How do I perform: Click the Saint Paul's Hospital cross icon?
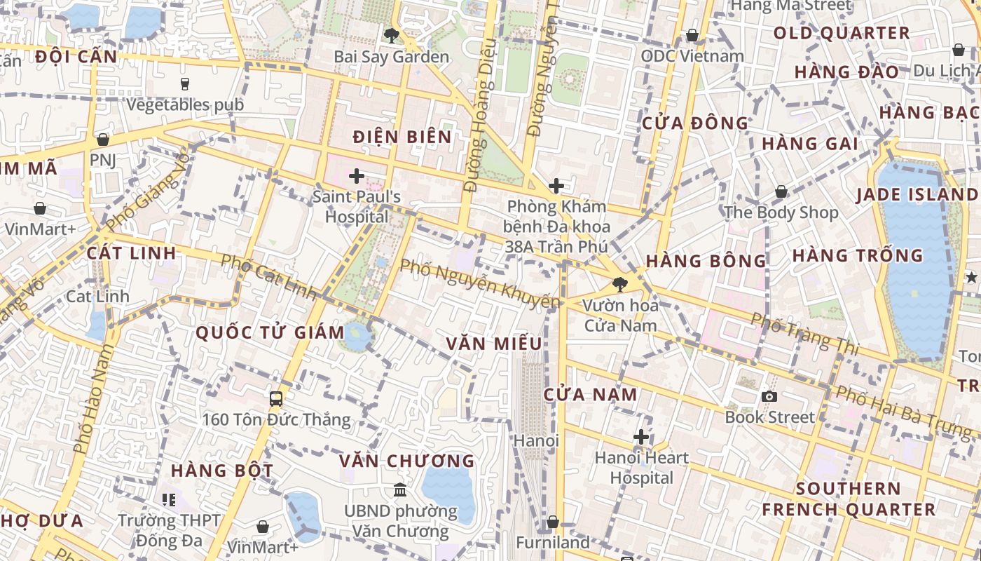click(x=357, y=176)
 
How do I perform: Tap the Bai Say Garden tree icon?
click(x=391, y=35)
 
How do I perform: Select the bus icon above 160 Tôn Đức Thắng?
click(x=276, y=399)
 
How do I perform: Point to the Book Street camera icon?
click(x=769, y=396)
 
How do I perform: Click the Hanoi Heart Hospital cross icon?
click(x=640, y=437)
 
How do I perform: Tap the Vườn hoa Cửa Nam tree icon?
click(x=619, y=284)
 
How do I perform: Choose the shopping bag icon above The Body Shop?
click(x=781, y=191)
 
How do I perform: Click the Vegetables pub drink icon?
click(x=185, y=84)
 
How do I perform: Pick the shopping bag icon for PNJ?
click(x=103, y=140)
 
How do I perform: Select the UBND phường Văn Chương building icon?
click(x=400, y=489)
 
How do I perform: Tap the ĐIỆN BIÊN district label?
click(x=402, y=137)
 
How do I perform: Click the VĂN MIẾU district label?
click(x=494, y=344)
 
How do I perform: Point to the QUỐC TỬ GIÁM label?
click(x=270, y=332)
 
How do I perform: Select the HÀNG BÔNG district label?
click(x=706, y=262)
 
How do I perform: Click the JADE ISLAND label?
click(x=917, y=195)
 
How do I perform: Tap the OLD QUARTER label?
click(x=842, y=33)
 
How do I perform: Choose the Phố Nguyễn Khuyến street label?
click(x=480, y=284)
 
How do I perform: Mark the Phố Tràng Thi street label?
click(x=804, y=332)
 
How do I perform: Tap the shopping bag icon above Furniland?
click(x=553, y=522)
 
